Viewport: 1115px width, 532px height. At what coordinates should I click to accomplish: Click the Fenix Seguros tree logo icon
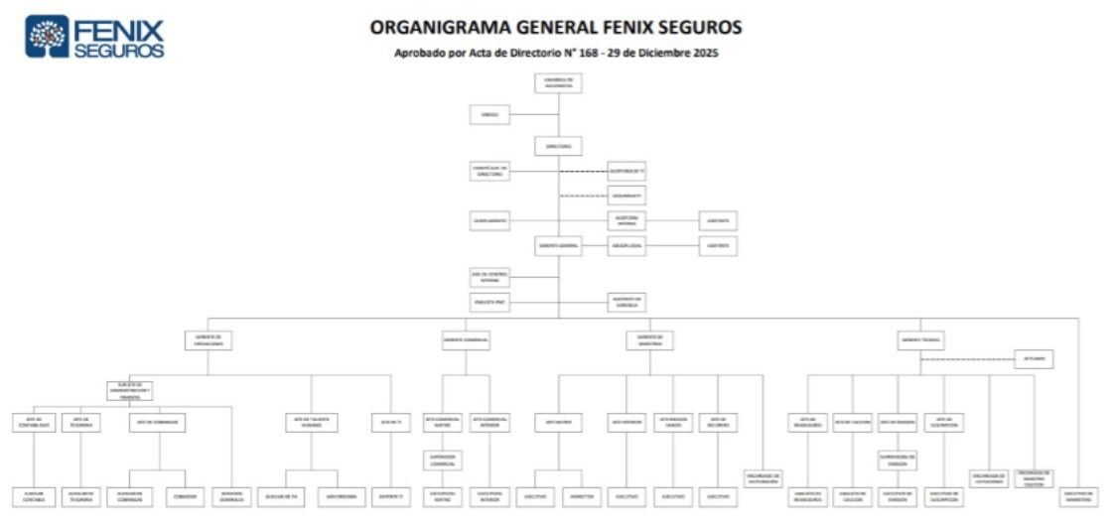(47, 36)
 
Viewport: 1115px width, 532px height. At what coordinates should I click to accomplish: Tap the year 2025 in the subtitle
(703, 53)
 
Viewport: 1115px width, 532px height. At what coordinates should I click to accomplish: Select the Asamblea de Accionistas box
(558, 83)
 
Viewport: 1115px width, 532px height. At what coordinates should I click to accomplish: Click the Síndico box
(490, 115)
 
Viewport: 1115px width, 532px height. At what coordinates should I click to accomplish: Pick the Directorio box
(558, 146)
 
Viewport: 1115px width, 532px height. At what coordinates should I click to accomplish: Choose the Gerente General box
(558, 246)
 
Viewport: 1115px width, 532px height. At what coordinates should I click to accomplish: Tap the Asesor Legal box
(627, 246)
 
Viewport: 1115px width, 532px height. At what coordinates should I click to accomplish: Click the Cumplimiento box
(490, 221)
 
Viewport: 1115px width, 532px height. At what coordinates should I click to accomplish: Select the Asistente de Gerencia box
(627, 302)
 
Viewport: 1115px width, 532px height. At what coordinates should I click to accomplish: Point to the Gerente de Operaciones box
(209, 340)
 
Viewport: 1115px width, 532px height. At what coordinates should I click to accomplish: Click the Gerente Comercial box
(467, 340)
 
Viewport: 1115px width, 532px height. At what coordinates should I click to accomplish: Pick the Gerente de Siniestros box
(649, 340)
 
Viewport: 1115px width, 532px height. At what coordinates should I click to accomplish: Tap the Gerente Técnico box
(921, 340)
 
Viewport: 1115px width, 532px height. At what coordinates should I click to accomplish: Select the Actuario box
(1034, 359)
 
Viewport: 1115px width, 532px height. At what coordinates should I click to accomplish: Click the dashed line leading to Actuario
(968, 359)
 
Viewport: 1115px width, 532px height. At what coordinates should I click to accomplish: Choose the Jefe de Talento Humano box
(312, 422)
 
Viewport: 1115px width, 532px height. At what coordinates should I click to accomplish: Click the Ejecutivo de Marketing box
(1078, 496)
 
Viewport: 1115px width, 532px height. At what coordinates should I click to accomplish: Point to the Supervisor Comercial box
(443, 460)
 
